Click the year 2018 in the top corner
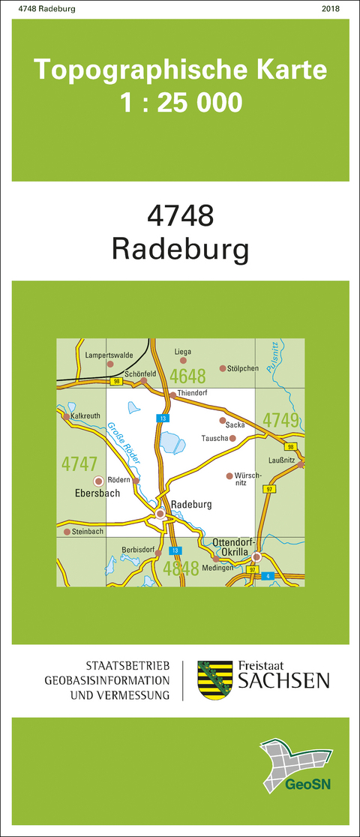point(329,9)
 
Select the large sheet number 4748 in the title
point(181,216)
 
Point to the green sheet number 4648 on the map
point(188,375)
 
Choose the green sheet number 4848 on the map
point(186,567)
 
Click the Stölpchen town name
point(243,368)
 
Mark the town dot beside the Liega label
point(183,361)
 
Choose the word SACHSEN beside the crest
point(283,680)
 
